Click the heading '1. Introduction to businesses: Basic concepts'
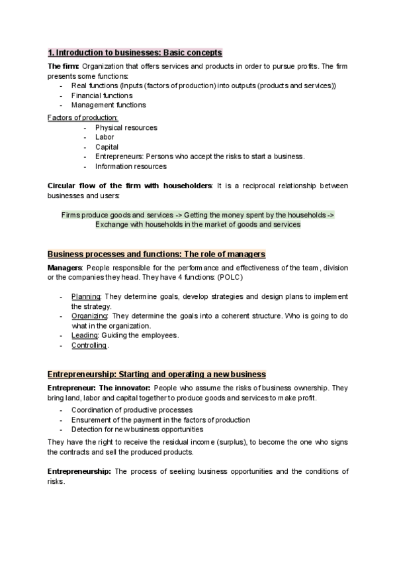tap(135, 52)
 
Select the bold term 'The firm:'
tap(64, 67)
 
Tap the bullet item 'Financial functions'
tap(102, 95)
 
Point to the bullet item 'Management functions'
tap(109, 105)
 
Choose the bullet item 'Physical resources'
tap(126, 128)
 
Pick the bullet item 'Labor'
tap(105, 137)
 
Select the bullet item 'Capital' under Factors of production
tap(107, 147)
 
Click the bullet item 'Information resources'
tap(130, 166)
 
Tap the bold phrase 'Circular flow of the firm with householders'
tap(130, 186)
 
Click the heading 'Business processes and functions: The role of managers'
tap(156, 254)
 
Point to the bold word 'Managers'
tap(64, 268)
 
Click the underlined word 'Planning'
tap(85, 296)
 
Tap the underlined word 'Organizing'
tap(89, 315)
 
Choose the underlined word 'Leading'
tap(84, 335)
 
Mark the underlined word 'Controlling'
tap(89, 345)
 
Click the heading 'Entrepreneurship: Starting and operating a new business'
tap(157, 374)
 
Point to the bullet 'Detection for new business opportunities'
tap(137, 429)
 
